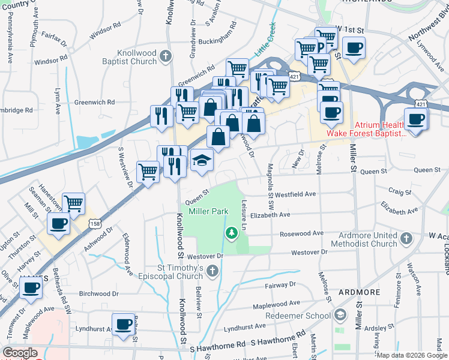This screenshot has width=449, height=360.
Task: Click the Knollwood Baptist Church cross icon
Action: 166,58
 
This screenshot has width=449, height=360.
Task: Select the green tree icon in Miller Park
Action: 231,232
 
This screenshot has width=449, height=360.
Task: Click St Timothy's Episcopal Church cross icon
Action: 211,272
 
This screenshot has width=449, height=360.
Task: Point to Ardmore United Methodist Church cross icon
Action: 406,239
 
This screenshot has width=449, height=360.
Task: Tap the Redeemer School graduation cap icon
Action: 340,315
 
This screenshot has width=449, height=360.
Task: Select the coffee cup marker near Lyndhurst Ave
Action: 124,325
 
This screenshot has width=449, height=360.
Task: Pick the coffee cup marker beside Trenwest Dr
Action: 31,286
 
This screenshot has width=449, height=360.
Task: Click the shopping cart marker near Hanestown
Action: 73,204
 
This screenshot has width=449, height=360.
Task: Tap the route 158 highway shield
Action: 95,223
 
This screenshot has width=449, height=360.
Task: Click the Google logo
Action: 20,353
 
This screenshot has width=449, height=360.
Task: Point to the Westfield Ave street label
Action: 295,194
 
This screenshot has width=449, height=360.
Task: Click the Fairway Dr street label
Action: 285,284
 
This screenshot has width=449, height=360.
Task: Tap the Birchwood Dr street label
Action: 100,294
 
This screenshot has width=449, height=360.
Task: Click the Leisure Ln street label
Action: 244,215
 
